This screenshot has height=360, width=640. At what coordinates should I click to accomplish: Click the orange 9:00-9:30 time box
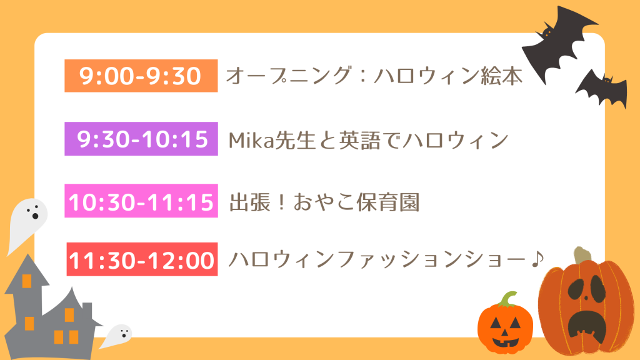pyautogui.click(x=141, y=76)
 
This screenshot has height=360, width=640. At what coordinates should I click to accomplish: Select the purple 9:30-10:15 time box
pyautogui.click(x=141, y=139)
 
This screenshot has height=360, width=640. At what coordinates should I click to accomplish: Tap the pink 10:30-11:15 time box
pyautogui.click(x=141, y=201)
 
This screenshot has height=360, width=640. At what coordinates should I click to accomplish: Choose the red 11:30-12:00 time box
pyautogui.click(x=142, y=259)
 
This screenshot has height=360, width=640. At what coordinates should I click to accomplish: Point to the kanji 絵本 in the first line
pyautogui.click(x=502, y=76)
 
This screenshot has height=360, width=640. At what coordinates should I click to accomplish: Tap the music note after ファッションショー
pyautogui.click(x=538, y=259)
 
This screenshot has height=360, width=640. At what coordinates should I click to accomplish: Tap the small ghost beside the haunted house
pyautogui.click(x=117, y=336)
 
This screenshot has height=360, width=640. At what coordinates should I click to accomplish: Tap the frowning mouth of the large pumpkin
pyautogui.click(x=587, y=324)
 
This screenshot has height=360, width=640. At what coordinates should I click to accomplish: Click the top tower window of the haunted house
pyautogui.click(x=27, y=281)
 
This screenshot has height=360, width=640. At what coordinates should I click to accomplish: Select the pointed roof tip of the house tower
pyautogui.click(x=27, y=255)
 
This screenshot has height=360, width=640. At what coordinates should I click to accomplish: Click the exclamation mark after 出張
pyautogui.click(x=281, y=202)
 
